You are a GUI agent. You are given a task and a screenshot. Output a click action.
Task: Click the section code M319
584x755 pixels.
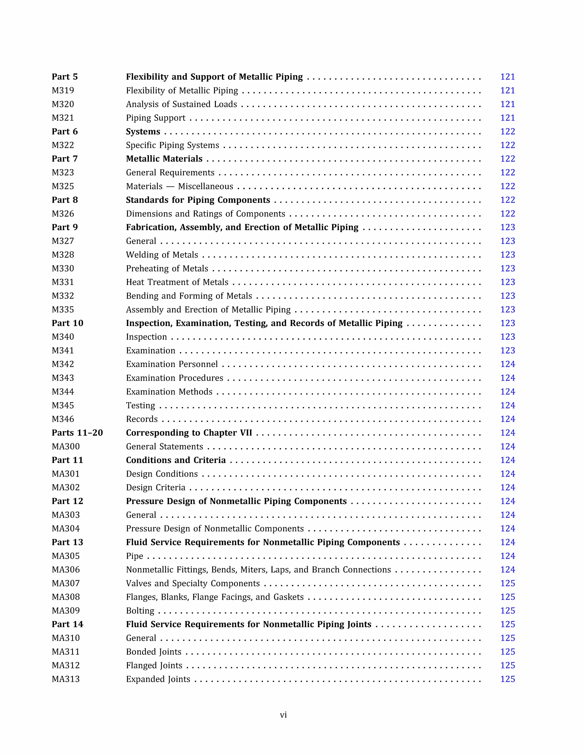pos(63,91)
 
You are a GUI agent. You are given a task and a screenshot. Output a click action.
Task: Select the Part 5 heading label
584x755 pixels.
pos(65,77)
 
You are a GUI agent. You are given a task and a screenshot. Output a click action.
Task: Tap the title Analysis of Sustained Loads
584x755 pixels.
pos(181,104)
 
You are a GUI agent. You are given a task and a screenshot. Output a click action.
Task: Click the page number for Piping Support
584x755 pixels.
pos(507,118)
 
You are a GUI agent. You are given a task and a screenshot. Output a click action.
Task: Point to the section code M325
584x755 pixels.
pos(63,186)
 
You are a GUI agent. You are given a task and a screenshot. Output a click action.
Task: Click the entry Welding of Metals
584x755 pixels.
pos(162,255)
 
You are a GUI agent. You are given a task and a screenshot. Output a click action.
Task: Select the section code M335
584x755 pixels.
pos(63,310)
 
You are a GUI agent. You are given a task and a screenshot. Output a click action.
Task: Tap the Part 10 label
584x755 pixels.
pos(68,323)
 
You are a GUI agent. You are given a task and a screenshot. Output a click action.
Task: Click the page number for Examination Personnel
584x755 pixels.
pos(507,364)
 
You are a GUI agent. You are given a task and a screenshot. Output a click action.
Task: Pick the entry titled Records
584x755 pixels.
pos(141,419)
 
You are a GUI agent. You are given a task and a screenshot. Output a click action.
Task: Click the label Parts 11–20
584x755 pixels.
pos(77,433)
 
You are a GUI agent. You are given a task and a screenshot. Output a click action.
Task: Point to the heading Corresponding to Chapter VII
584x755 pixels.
pos(188,433)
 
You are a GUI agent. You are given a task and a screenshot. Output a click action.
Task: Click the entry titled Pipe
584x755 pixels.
pos(134,556)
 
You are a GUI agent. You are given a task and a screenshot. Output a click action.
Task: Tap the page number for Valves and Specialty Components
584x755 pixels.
pos(507,583)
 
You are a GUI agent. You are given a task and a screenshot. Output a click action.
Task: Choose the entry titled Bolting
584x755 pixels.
pos(140,611)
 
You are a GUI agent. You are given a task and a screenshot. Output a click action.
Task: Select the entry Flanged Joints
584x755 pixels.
pos(154,666)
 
